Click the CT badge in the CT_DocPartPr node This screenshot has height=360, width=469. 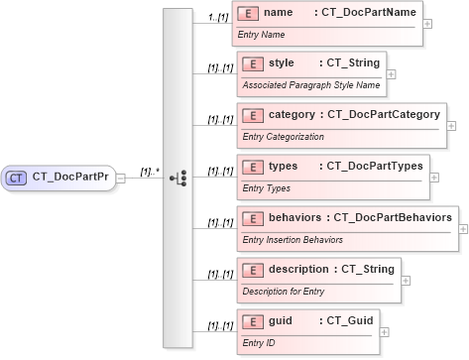(17, 178)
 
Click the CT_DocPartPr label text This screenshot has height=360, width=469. (70, 178)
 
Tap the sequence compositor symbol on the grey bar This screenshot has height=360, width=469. (178, 179)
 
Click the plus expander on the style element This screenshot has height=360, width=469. (391, 73)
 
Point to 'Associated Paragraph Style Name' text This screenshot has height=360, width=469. (310, 85)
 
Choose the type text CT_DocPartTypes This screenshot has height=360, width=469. (372, 167)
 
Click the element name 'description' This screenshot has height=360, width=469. (299, 270)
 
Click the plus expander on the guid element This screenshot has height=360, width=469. (385, 332)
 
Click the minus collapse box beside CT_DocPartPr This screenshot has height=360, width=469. (121, 179)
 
